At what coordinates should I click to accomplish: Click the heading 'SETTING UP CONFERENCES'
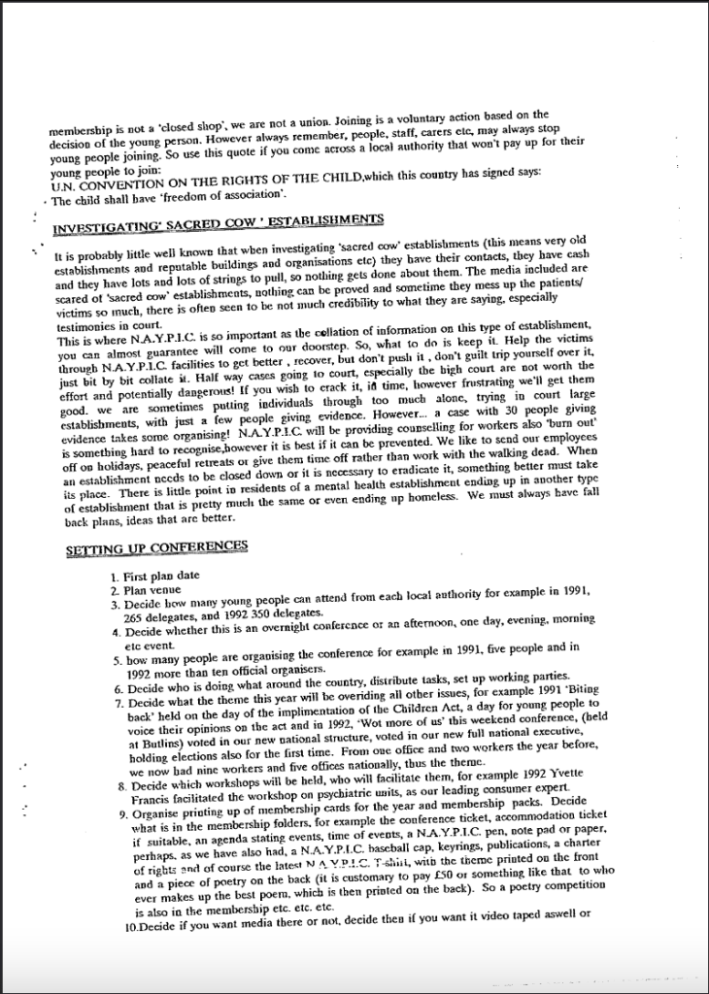pyautogui.click(x=156, y=547)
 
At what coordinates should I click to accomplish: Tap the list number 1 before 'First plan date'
pyautogui.click(x=114, y=576)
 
